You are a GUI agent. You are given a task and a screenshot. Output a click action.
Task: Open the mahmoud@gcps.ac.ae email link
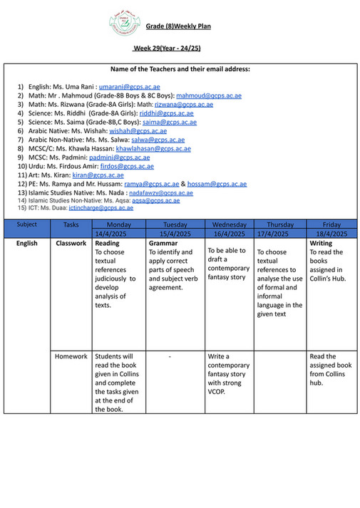208,95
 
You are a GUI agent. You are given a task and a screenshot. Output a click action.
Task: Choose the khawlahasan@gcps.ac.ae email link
153,149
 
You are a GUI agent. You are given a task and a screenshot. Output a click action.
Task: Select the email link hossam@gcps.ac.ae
217,184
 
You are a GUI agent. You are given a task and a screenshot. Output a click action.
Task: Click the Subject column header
27,224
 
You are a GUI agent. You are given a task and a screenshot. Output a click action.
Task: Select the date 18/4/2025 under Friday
331,234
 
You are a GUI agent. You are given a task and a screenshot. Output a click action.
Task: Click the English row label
27,243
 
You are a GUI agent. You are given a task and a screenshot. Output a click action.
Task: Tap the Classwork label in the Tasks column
71,243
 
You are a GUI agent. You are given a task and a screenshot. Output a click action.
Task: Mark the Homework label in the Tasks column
71,356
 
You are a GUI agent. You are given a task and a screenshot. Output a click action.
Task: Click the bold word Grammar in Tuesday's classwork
163,243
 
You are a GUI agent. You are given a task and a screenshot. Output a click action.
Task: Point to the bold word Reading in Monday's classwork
108,243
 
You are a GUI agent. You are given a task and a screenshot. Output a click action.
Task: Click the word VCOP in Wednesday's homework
218,391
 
